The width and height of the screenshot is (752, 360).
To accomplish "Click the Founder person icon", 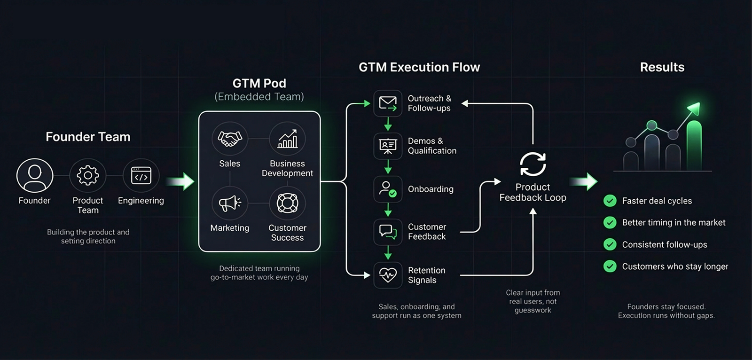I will point(35,175).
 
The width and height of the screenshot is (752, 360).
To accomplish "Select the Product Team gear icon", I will point(88,175).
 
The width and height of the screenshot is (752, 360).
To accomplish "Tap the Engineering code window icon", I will point(141,175).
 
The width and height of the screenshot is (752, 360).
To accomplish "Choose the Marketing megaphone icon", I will point(229,203).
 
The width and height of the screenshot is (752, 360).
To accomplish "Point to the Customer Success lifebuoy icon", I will point(287,203).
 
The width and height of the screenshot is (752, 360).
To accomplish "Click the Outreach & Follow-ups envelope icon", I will point(388,103).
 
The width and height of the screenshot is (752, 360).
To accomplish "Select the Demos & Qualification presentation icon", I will point(388,146).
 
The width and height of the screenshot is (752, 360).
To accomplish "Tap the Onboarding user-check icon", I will point(388,189).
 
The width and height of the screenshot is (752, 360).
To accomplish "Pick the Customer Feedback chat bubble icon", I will point(388,232).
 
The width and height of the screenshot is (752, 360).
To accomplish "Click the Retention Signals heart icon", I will point(388,275).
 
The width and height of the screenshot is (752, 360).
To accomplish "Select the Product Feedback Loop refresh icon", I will point(533,164).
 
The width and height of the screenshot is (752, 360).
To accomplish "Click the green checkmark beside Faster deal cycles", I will point(610,201).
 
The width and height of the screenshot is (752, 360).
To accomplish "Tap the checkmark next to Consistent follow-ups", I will point(610,244).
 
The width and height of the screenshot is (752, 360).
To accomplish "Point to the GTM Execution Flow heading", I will point(419,67).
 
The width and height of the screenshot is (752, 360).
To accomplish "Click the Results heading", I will point(662,67).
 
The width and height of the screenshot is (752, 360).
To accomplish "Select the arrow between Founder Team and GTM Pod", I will point(180,181).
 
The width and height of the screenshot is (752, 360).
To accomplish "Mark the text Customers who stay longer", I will point(675,266).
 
